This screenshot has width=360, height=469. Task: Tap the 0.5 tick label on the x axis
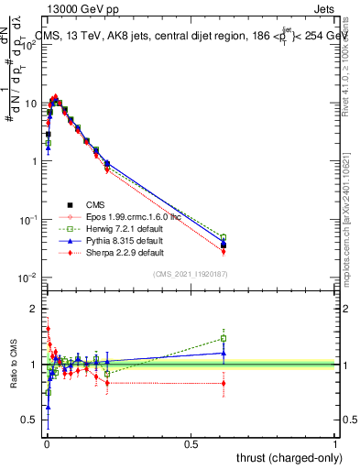[191, 444]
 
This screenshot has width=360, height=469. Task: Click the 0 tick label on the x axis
[47, 444]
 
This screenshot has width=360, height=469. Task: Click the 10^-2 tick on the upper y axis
[27, 278]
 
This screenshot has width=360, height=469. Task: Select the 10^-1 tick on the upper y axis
[27, 220]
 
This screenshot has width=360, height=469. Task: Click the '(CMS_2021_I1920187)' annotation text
[190, 274]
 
